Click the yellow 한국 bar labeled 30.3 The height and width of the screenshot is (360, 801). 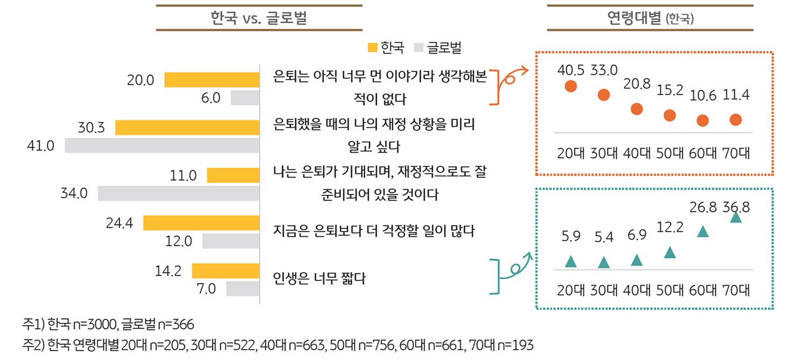[187, 128]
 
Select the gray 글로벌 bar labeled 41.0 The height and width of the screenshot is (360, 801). [162, 146]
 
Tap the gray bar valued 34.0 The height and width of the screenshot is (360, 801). [178, 193]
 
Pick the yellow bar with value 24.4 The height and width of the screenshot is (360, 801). [201, 223]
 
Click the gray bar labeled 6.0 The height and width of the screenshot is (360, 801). [245, 98]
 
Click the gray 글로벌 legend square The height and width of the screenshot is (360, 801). [419, 48]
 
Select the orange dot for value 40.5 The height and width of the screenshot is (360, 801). [571, 87]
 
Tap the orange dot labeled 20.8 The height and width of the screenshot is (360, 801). [637, 109]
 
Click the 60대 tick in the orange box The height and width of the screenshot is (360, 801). [702, 153]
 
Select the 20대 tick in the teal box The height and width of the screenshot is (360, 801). [571, 290]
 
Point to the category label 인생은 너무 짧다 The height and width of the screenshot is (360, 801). [319, 279]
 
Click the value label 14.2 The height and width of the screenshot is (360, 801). [167, 271]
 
